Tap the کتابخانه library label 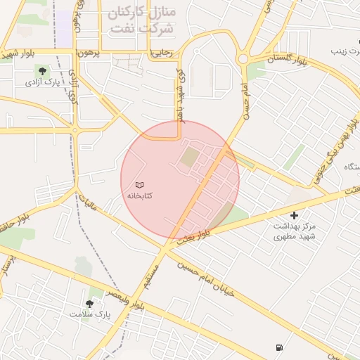pyautogui.click(x=140, y=194)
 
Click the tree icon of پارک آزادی pyautogui.click(x=42, y=70)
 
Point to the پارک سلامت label pyautogui.click(x=85, y=314)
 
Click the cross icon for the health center pyautogui.click(x=294, y=214)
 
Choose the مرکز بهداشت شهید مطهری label pyautogui.click(x=295, y=231)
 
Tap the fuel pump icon pyautogui.click(x=280, y=347)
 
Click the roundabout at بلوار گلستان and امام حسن pyautogui.click(x=244, y=59)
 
